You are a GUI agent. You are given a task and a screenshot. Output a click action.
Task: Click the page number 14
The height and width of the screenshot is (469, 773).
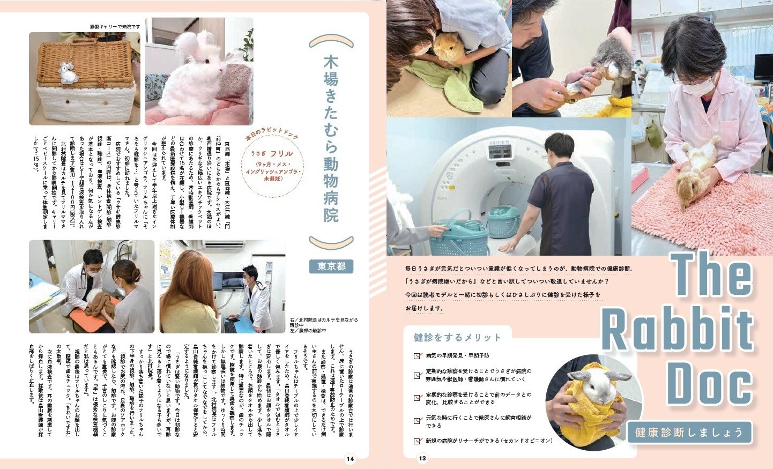(350, 459)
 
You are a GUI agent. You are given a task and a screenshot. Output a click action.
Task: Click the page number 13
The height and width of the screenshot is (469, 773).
(422, 458)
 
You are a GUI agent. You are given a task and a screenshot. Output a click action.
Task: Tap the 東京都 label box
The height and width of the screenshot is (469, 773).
(331, 266)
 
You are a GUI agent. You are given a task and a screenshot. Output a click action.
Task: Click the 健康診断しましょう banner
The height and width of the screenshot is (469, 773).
(689, 432)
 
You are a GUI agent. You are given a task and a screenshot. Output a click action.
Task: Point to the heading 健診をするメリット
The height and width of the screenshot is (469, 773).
(457, 337)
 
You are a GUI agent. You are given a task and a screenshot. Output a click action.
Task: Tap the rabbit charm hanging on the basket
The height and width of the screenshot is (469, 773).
(67, 73)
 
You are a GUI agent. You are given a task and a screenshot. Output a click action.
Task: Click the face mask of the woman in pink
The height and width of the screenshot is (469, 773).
(700, 86)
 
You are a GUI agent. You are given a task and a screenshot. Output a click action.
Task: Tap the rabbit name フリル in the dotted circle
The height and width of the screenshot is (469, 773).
(281, 153)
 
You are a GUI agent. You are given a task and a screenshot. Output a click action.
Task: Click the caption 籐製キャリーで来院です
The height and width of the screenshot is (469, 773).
(115, 26)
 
